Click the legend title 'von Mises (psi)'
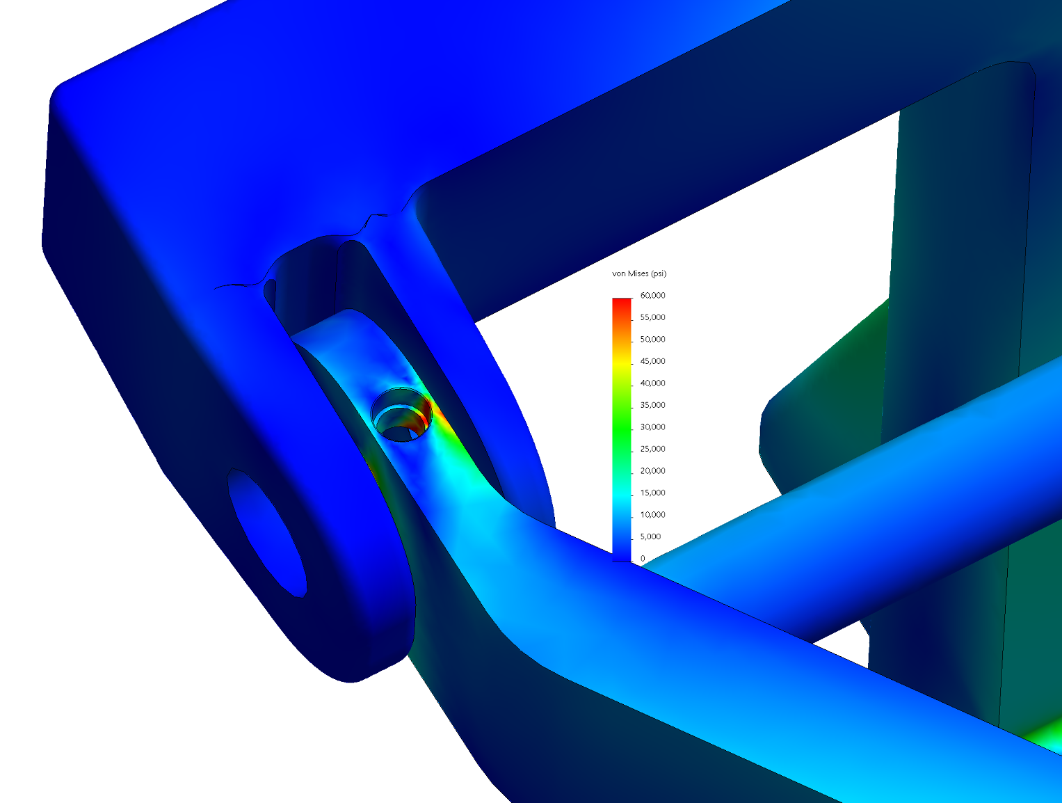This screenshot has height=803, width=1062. (639, 273)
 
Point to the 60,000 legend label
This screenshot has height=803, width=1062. (652, 295)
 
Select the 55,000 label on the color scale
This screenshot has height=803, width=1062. (652, 317)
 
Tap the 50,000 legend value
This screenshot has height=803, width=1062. (652, 340)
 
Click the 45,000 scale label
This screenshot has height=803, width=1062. (652, 361)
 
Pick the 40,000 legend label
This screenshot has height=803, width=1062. (652, 383)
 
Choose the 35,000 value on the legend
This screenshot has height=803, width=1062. (652, 405)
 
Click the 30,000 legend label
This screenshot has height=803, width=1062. (652, 427)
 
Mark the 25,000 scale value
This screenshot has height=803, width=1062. (652, 449)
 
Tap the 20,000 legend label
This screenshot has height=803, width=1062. (652, 471)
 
